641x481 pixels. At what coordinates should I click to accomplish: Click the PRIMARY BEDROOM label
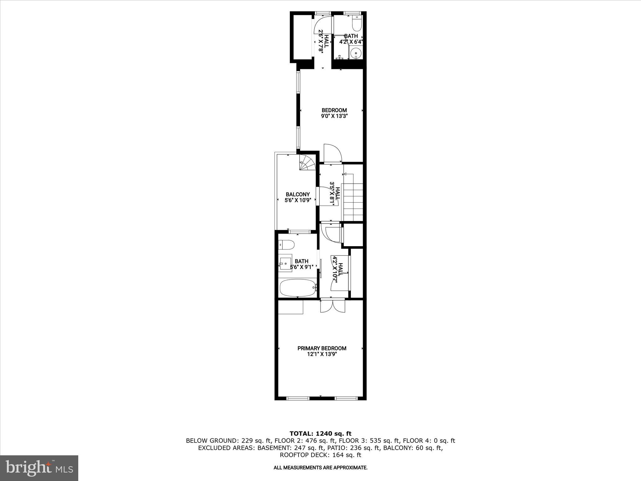click(x=322, y=348)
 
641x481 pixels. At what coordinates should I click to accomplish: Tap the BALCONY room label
click(x=298, y=194)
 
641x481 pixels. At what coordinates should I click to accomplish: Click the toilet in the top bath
click(x=357, y=23)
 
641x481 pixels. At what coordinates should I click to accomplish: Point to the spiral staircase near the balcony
click(x=307, y=163)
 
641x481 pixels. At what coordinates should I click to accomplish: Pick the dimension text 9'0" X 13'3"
click(x=334, y=116)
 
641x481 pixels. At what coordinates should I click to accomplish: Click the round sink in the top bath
click(x=356, y=53)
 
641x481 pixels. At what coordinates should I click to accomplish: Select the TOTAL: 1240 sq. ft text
click(x=320, y=434)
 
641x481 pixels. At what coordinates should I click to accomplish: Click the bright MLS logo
click(x=39, y=468)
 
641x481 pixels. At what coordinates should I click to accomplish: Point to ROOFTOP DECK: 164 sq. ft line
click(x=320, y=455)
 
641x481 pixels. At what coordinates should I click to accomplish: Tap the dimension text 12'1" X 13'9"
click(x=322, y=354)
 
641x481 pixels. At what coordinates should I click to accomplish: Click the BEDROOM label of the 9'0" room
click(x=334, y=110)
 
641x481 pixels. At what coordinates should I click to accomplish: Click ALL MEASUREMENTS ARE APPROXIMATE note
click(x=320, y=468)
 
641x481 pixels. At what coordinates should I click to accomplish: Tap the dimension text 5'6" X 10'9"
click(x=298, y=200)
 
